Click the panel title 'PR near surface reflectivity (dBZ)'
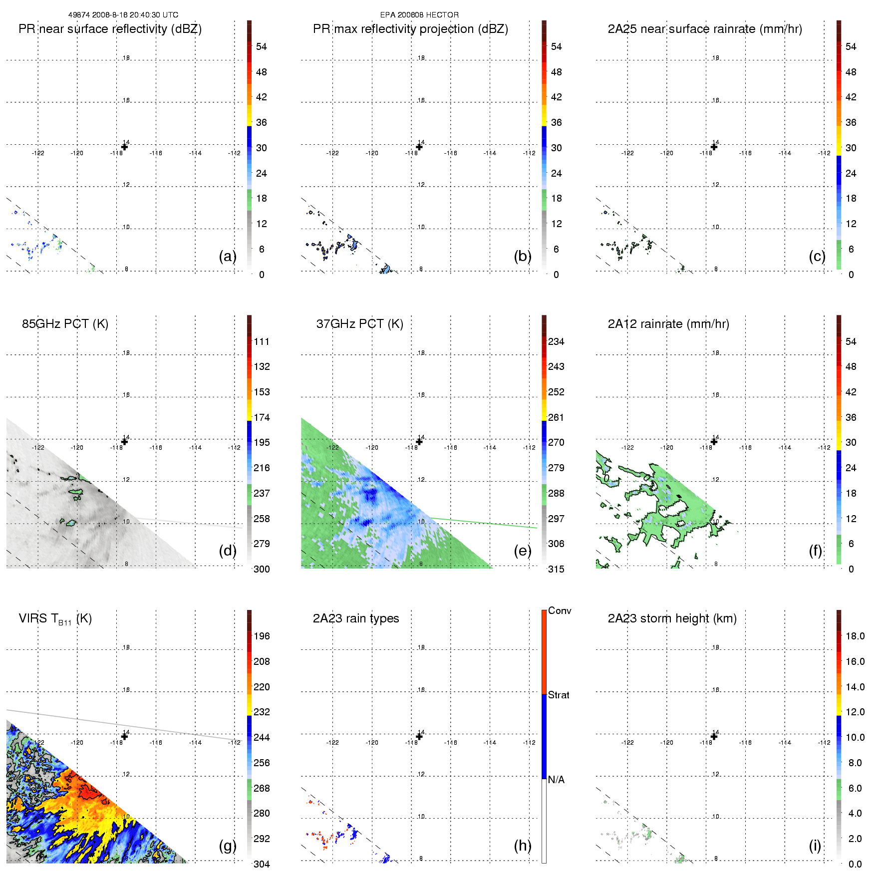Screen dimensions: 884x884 pos(110,29)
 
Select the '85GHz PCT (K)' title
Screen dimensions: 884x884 pos(65,324)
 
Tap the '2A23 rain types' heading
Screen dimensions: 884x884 pos(356,618)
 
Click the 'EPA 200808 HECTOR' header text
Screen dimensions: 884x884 pos(419,15)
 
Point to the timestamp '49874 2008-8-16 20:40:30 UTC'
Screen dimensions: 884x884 pos(123,15)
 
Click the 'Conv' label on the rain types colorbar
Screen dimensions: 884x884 pos(560,611)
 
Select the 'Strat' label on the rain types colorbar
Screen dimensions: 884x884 pos(559,695)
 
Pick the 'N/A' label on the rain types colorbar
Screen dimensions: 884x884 pos(556,780)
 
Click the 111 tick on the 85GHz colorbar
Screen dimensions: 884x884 pos(262,341)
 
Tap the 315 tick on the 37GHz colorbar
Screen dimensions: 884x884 pos(556,569)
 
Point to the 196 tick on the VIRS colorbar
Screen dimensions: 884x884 pos(262,636)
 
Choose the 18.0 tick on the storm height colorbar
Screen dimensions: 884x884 pos(855,636)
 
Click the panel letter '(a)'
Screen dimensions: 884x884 pos(228,256)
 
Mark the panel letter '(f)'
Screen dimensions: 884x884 pos(816,551)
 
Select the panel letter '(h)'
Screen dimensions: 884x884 pos(523,845)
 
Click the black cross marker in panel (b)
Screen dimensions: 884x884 pos(419,147)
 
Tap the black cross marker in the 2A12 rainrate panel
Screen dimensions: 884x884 pos(714,441)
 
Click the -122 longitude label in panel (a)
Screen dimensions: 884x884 pos(38,153)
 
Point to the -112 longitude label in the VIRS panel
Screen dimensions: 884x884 pos(235,743)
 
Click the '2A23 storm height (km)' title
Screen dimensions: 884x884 pos(672,618)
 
